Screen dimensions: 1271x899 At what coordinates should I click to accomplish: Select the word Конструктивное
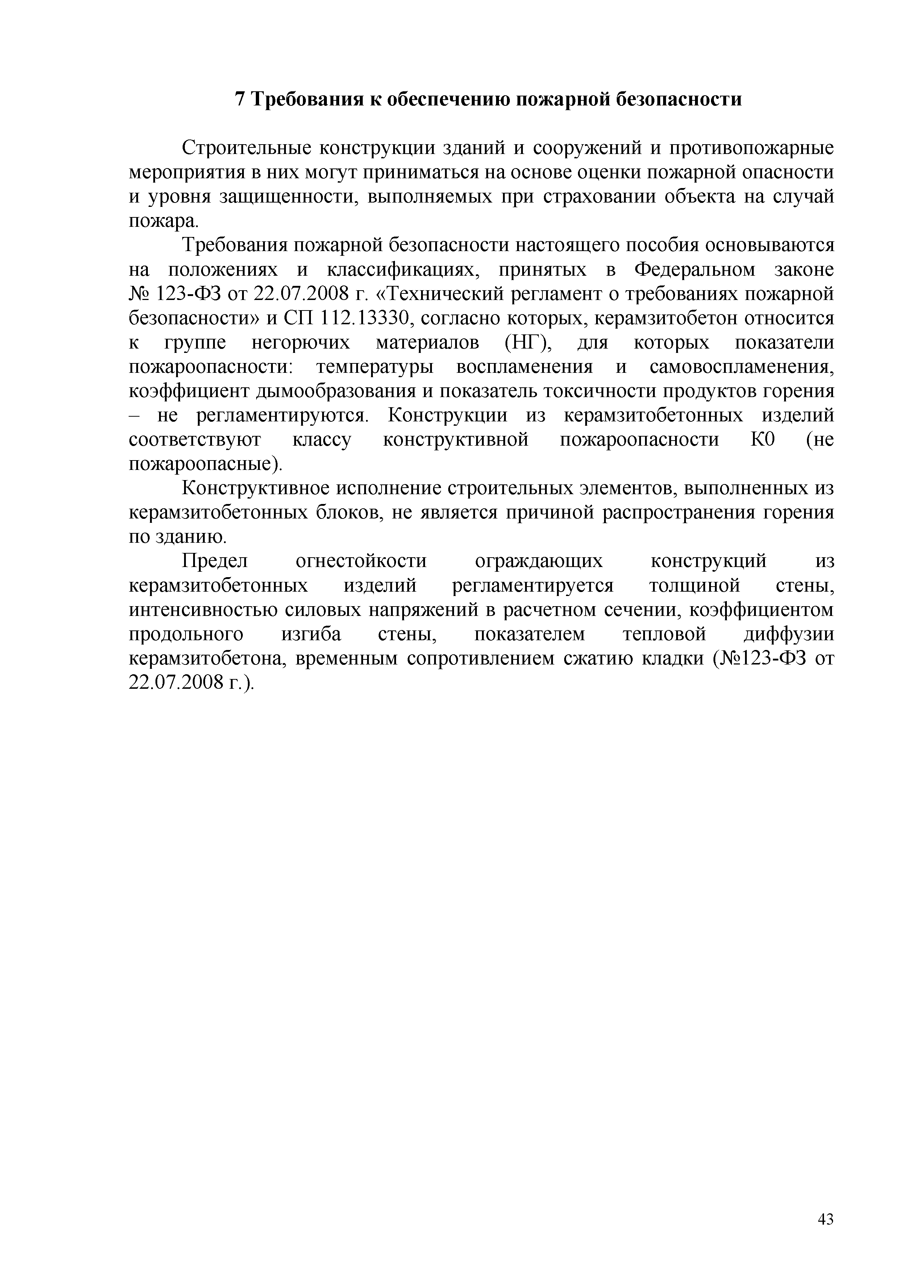[255, 488]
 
